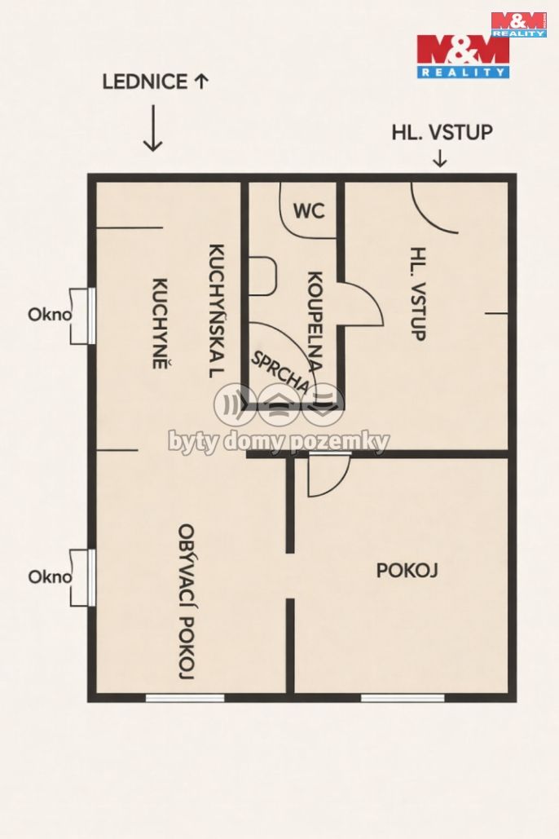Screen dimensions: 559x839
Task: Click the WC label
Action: pyautogui.click(x=309, y=210)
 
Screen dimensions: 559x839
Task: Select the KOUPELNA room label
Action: pyautogui.click(x=315, y=322)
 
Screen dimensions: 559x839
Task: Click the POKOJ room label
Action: pyautogui.click(x=407, y=571)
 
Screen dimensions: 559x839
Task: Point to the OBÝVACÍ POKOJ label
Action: pyautogui.click(x=186, y=602)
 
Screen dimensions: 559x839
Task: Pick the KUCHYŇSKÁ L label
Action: pyautogui.click(x=216, y=311)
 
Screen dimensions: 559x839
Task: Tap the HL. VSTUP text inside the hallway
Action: pyautogui.click(x=418, y=294)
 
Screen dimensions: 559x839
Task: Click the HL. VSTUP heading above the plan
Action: pyautogui.click(x=442, y=132)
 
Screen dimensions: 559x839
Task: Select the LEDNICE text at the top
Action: pyautogui.click(x=145, y=82)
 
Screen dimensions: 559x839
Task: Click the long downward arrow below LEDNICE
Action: pyautogui.click(x=153, y=128)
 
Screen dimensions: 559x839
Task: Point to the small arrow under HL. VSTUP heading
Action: pyautogui.click(x=439, y=158)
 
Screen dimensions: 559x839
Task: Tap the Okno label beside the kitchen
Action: pyautogui.click(x=50, y=314)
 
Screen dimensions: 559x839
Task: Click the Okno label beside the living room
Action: pyautogui.click(x=50, y=576)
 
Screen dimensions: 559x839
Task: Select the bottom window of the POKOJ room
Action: pyautogui.click(x=403, y=698)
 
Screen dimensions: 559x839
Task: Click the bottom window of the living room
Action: pyautogui.click(x=185, y=698)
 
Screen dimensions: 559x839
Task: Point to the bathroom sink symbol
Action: pyautogui.click(x=262, y=276)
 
